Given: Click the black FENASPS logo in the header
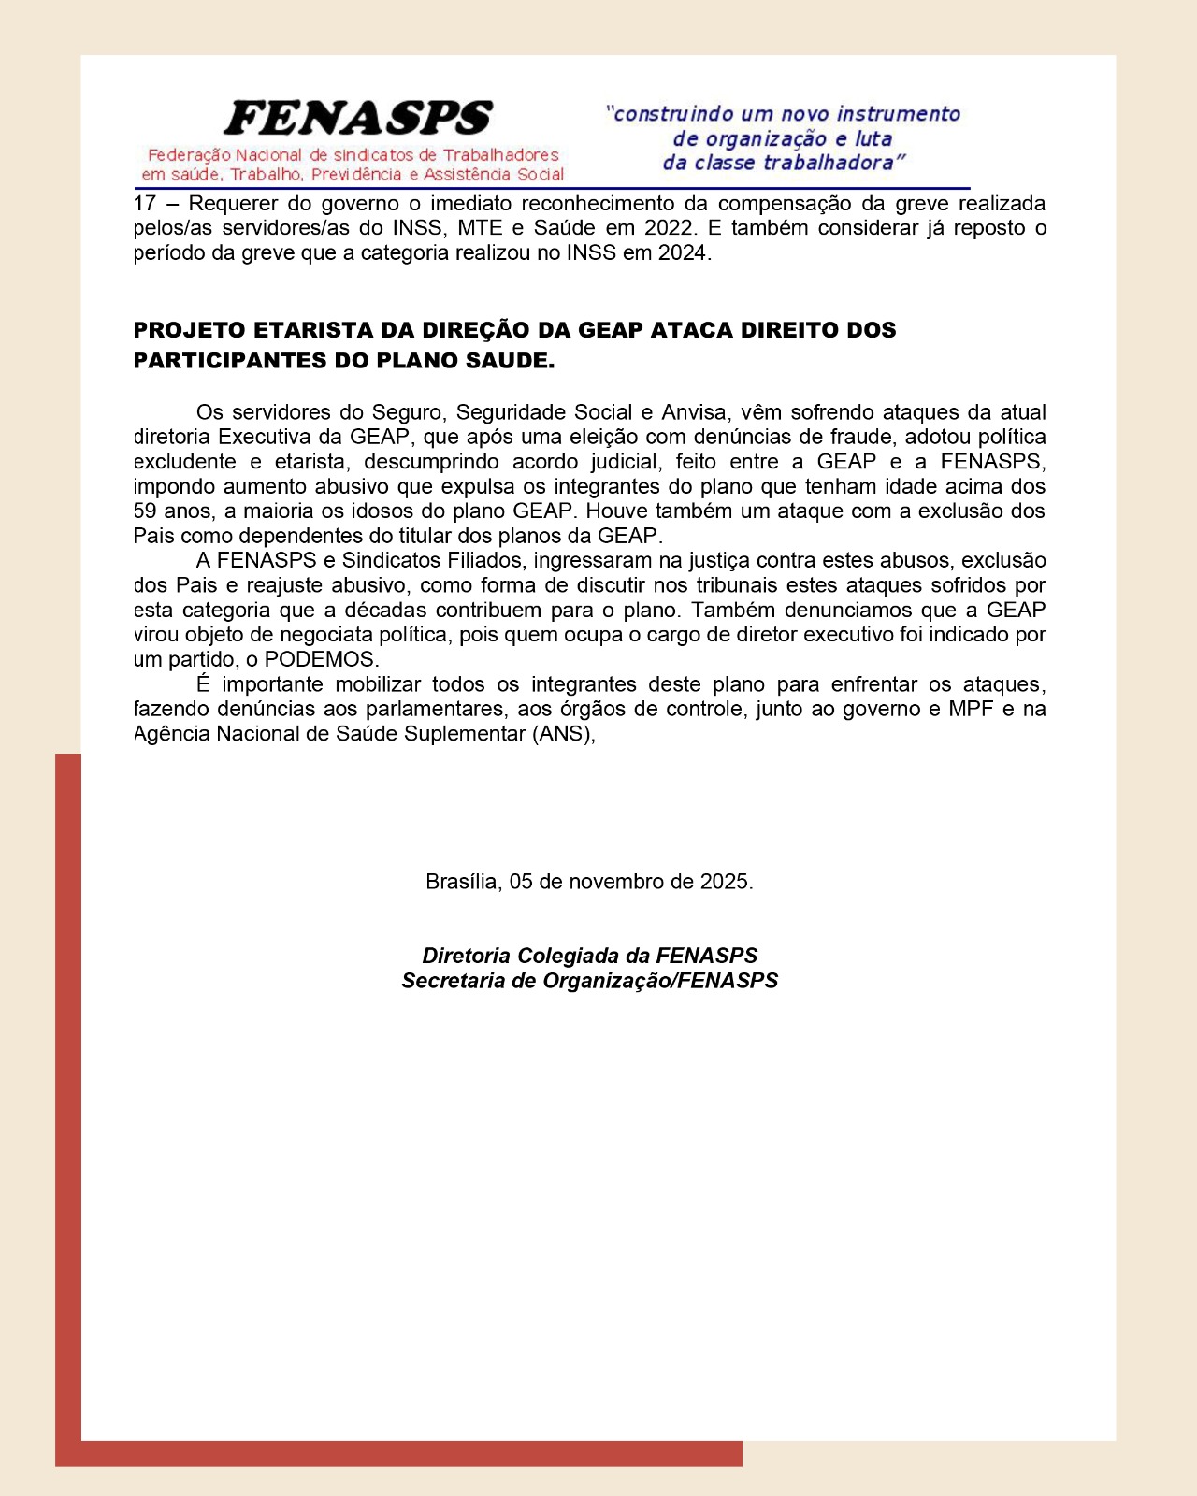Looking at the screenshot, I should tap(358, 119).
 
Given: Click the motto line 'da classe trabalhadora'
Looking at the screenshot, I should tap(784, 164).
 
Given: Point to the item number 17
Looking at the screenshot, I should tap(145, 204).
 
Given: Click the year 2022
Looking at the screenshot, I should tap(670, 228).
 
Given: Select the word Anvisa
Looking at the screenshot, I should tap(693, 412).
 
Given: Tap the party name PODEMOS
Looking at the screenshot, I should tap(321, 659).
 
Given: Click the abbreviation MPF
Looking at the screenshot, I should tap(971, 709).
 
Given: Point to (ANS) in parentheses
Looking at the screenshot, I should tap(564, 734).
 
